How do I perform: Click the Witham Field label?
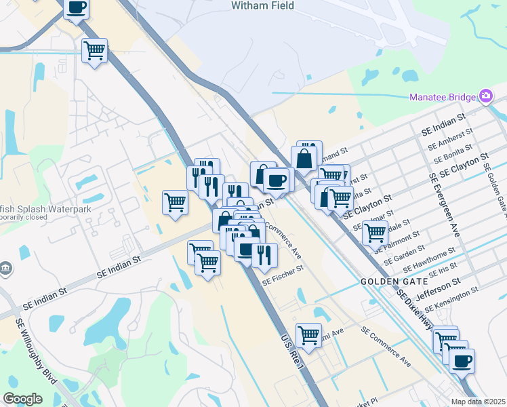coord(262,6)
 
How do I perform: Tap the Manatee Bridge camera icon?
coord(485,96)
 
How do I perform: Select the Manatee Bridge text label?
coord(443,97)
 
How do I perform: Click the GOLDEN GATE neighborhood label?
coord(394,281)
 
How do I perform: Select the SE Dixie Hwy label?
coord(415,310)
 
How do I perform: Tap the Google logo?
coord(22,399)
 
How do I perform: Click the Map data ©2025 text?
coord(478,402)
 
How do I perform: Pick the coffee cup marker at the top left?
coord(76,8)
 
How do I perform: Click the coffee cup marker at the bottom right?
coord(462,360)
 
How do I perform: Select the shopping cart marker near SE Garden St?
coord(375,233)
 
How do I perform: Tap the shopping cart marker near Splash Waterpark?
coord(176,202)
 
